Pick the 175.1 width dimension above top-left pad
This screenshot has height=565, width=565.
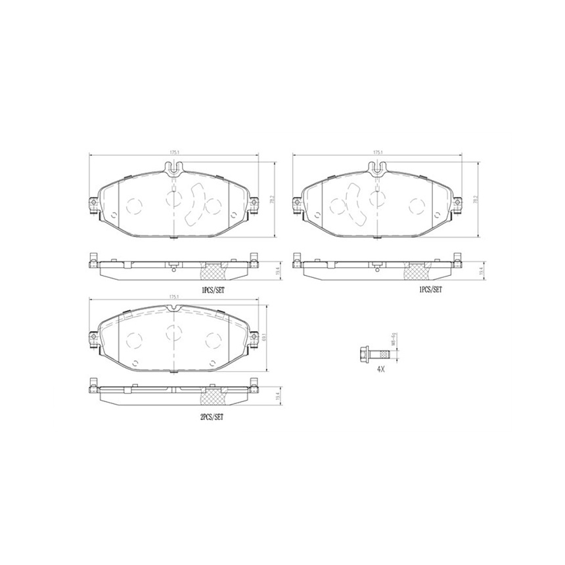174,152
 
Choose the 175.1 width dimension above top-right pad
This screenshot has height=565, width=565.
378,152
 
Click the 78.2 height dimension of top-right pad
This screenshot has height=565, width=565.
475,196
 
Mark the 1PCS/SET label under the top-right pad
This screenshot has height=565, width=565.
431,288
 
